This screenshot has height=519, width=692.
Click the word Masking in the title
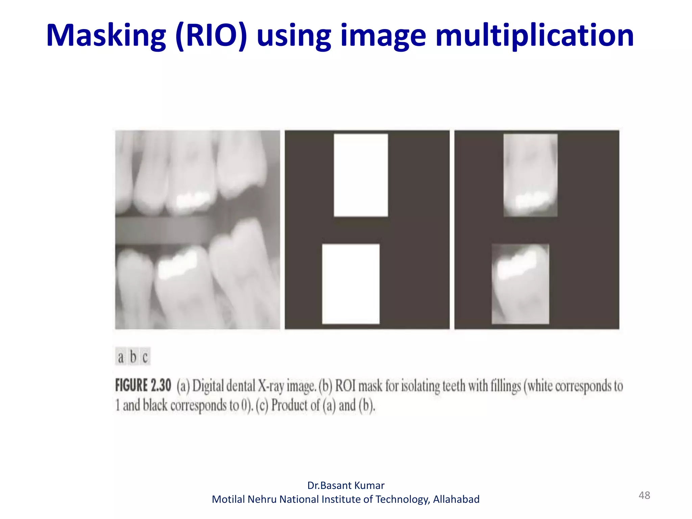(x=106, y=36)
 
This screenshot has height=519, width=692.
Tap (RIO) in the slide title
(x=211, y=36)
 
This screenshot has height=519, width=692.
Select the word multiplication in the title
(x=535, y=36)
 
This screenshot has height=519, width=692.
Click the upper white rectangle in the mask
(x=361, y=175)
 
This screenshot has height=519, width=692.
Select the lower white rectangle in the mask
(x=351, y=284)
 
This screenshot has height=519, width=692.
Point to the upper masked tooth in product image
(x=530, y=175)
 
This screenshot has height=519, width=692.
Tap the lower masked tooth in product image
(x=520, y=284)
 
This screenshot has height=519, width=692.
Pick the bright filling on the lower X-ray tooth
(x=177, y=264)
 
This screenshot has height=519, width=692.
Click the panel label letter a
(x=121, y=357)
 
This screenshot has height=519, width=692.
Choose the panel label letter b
(x=133, y=357)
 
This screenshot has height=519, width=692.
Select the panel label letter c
(x=145, y=357)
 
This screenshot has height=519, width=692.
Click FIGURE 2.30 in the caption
(x=143, y=386)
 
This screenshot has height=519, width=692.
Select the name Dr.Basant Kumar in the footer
(x=346, y=486)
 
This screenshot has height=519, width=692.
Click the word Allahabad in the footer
(x=456, y=499)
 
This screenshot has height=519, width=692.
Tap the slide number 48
(x=644, y=495)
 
